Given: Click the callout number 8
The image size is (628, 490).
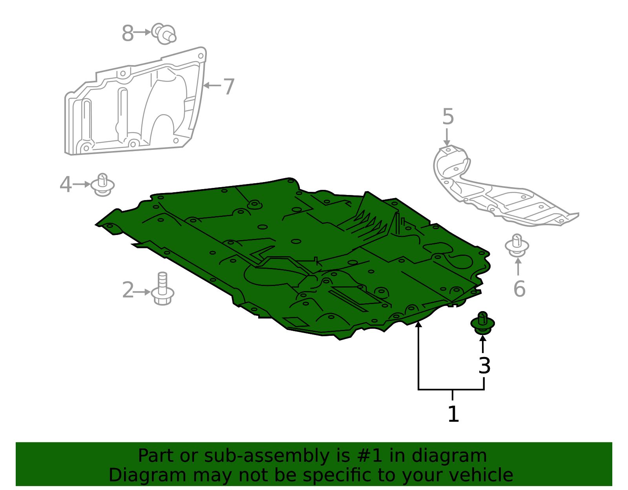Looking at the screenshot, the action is [x=128, y=33].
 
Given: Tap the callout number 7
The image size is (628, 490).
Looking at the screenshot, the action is [x=228, y=86].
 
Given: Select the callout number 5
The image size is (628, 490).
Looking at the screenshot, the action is [x=448, y=117].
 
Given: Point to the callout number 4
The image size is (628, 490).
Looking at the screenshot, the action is [x=66, y=184].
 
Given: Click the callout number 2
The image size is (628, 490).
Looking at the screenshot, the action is [x=128, y=290].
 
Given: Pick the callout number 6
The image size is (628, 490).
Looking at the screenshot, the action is [x=519, y=288].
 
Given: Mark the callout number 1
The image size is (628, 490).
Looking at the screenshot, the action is [x=453, y=414].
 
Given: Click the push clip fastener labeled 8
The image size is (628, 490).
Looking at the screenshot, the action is [x=164, y=34].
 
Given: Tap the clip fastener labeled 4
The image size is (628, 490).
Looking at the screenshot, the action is [x=102, y=185].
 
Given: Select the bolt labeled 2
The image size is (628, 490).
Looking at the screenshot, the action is [x=162, y=289].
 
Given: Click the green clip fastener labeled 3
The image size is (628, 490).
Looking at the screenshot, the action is [x=483, y=323].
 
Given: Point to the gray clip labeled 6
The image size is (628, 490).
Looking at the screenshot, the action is [x=517, y=246].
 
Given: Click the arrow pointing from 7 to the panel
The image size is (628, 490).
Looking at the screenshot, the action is [x=212, y=86].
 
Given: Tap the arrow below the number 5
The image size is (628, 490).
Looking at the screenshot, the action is [x=447, y=137].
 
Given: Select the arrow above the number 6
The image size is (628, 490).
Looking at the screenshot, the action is [x=518, y=266].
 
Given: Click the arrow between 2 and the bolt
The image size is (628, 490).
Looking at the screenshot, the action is [x=142, y=292].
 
